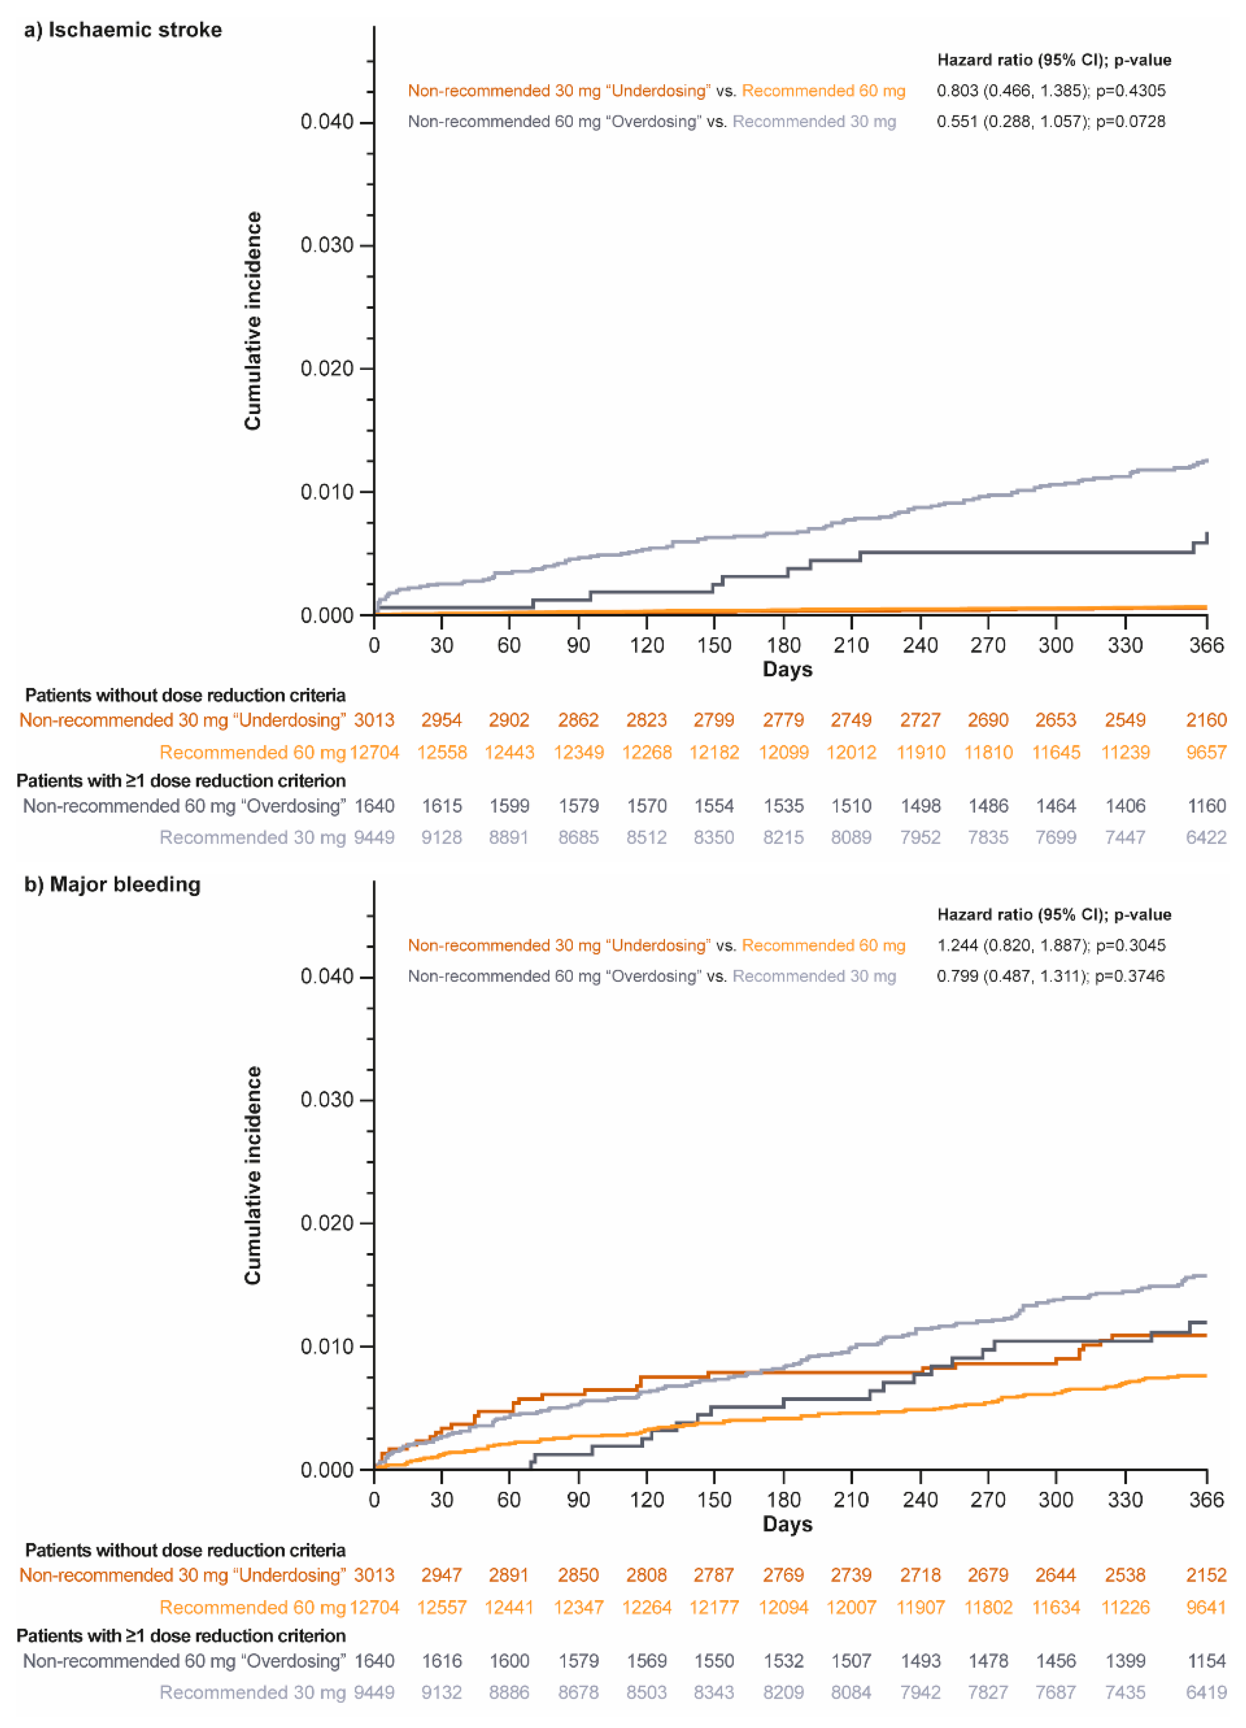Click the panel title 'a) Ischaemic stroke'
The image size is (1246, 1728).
click(123, 30)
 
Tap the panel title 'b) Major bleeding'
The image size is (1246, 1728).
click(113, 885)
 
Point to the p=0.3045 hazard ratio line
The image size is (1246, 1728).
click(1050, 946)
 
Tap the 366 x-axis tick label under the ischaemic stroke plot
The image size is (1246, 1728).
click(1207, 645)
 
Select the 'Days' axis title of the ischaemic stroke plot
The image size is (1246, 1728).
click(787, 670)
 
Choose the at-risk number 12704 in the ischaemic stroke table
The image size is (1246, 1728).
click(374, 753)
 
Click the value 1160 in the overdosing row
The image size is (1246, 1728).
click(1207, 806)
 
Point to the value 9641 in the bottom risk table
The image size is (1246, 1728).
click(1207, 1608)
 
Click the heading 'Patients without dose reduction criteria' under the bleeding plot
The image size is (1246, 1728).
click(185, 1550)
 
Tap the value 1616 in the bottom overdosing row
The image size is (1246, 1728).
click(441, 1661)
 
